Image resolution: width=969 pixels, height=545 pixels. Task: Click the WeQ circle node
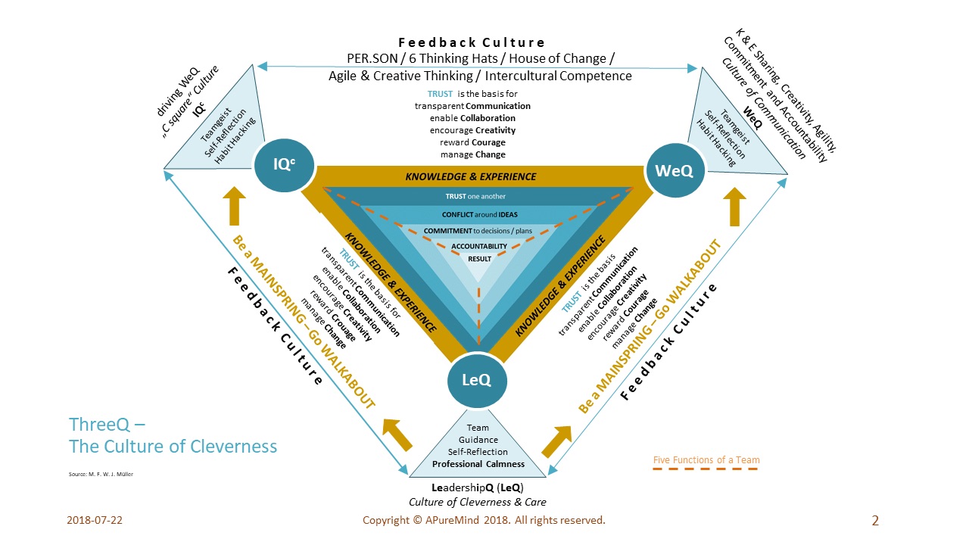click(x=675, y=171)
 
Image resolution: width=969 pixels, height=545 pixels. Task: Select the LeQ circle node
click(x=477, y=380)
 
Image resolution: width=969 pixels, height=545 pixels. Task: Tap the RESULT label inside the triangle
click(x=479, y=259)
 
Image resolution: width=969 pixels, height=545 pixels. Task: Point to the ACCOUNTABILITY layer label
click(x=479, y=246)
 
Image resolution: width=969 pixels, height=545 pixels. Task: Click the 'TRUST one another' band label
click(x=476, y=197)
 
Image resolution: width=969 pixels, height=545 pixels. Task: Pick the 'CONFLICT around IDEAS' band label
click(x=480, y=214)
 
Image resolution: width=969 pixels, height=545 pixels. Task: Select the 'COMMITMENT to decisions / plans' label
click(x=478, y=231)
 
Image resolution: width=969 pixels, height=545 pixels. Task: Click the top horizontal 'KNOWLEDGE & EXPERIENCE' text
click(x=471, y=176)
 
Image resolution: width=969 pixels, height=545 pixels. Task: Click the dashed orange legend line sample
click(x=706, y=469)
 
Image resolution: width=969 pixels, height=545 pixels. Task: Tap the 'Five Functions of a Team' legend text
click(x=706, y=459)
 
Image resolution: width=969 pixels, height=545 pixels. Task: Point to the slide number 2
click(x=875, y=520)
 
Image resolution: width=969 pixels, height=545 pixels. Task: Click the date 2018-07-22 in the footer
click(x=95, y=521)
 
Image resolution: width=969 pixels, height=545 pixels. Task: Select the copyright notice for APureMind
click(x=484, y=521)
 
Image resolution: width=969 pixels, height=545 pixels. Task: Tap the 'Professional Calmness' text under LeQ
click(x=478, y=463)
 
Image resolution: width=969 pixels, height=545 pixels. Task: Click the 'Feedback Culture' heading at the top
click(x=472, y=42)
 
